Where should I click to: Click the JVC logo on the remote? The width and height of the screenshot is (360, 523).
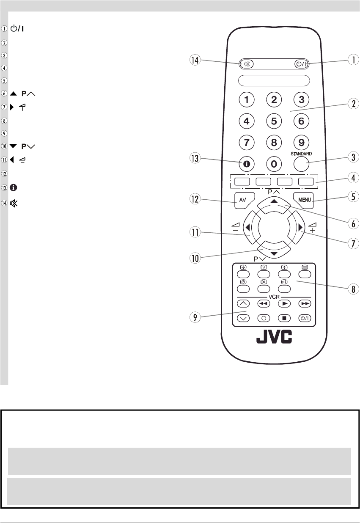pos(273,338)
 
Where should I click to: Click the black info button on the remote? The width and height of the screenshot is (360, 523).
pos(247,162)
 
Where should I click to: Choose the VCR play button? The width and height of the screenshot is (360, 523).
pos(283,304)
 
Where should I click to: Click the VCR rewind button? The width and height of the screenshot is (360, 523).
pos(264,304)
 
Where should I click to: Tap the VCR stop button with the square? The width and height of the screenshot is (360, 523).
pos(283,319)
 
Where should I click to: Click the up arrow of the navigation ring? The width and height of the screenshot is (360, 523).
pos(274,203)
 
